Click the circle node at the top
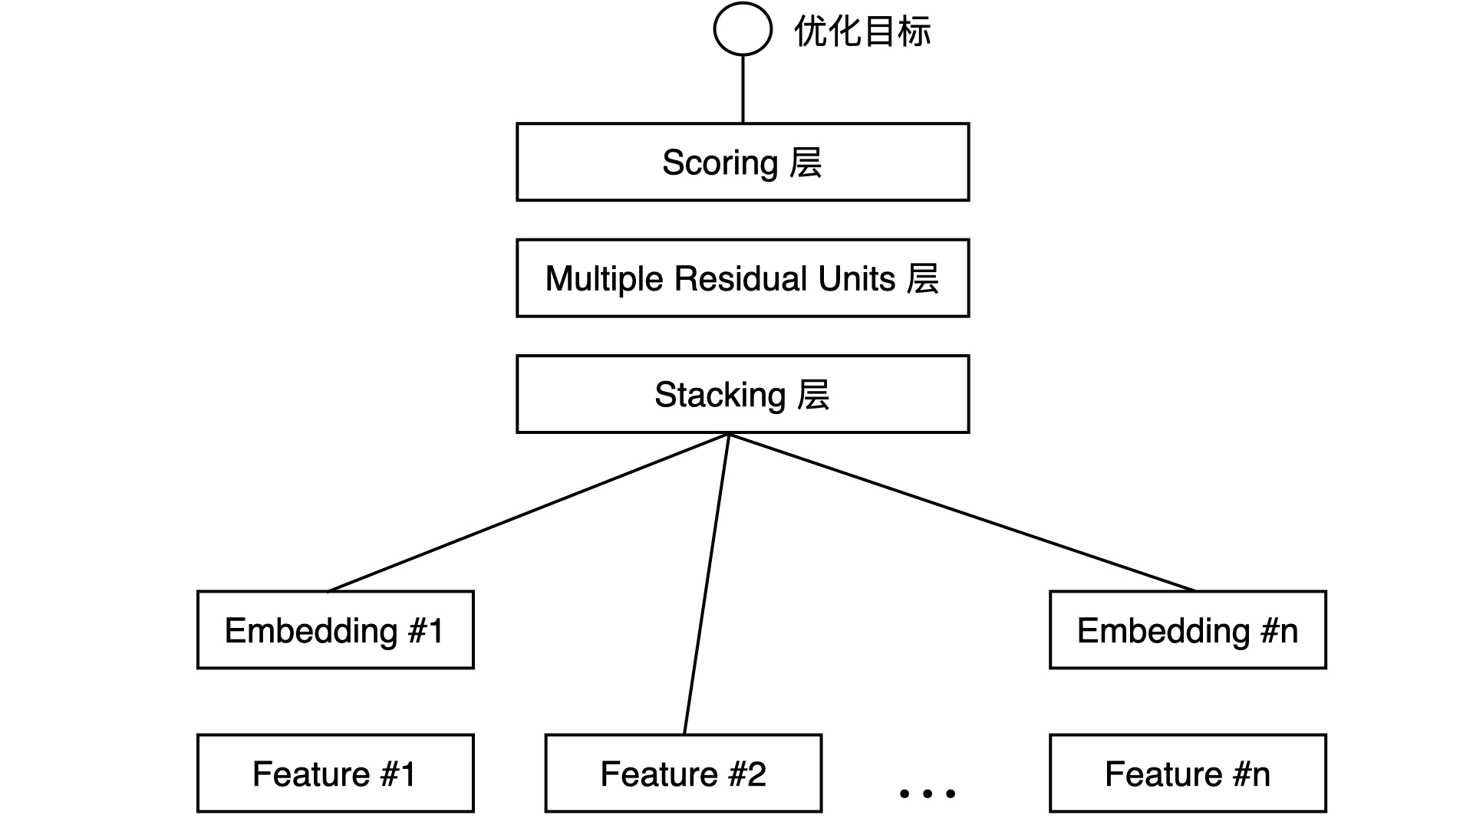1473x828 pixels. click(x=742, y=29)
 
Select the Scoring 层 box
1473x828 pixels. click(x=743, y=163)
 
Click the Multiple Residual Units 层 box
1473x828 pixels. click(x=743, y=278)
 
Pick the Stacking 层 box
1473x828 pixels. click(x=743, y=394)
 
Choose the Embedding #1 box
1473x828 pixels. click(x=335, y=630)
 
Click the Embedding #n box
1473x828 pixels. click(x=1188, y=630)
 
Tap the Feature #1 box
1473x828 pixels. click(x=335, y=774)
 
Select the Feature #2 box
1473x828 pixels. click(x=683, y=774)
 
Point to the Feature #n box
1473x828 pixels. click(x=1188, y=774)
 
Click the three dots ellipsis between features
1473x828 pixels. click(x=927, y=793)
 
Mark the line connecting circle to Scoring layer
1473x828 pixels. click(x=743, y=89)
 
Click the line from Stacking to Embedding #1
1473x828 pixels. click(x=528, y=512)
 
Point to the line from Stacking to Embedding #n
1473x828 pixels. click(x=961, y=512)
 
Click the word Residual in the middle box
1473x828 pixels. click(x=740, y=278)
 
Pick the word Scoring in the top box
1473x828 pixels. click(x=720, y=163)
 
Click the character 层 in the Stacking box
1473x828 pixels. click(x=813, y=395)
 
